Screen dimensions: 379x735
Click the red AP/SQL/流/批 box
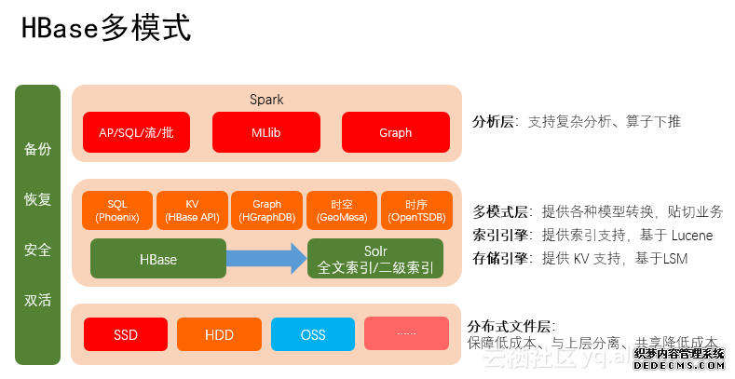pos(136,132)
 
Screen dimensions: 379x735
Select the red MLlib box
pos(266,132)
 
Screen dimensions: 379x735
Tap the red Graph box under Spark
pos(395,132)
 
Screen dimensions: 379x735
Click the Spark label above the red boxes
pos(266,100)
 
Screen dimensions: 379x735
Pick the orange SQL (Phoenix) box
pos(117,210)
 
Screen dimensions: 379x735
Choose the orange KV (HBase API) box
pos(191,210)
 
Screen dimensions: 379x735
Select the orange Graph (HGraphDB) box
pos(266,210)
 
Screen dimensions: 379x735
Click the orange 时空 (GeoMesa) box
pos(341,210)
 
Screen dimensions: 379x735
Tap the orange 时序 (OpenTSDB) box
pos(416,210)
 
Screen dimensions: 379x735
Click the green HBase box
pos(158,259)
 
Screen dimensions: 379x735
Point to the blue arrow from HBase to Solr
pos(266,259)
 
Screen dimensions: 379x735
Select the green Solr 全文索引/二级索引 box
pos(375,259)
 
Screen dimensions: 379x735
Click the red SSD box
pos(126,334)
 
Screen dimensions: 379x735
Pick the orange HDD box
pos(219,334)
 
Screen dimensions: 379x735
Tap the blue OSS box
pos(313,334)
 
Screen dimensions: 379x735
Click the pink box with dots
pos(406,334)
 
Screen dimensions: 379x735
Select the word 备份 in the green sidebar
pos(38,149)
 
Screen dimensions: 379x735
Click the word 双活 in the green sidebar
pos(38,300)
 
